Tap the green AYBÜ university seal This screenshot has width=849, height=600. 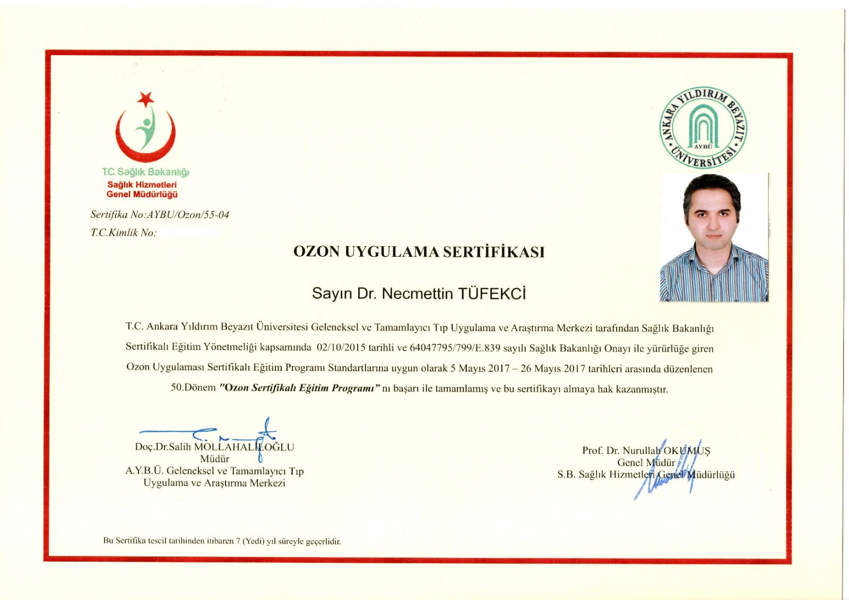[x=703, y=127]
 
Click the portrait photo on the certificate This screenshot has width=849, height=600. [x=714, y=237]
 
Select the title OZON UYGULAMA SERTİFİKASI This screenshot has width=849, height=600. [x=419, y=252]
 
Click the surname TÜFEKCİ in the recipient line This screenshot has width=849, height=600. [x=491, y=294]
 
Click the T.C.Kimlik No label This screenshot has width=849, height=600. [x=123, y=232]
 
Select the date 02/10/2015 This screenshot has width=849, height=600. [x=341, y=348]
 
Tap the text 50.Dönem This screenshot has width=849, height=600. [x=193, y=387]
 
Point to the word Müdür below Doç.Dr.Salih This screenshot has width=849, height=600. [x=214, y=459]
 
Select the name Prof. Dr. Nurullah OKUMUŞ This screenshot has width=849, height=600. [x=646, y=451]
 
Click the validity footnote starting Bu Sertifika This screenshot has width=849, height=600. [x=222, y=541]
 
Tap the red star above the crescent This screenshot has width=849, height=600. [x=145, y=99]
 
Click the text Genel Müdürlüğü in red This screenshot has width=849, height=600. [x=142, y=194]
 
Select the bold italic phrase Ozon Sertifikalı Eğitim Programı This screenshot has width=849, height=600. [x=300, y=388]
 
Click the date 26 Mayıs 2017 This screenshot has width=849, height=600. [x=552, y=368]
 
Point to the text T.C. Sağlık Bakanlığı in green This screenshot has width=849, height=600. [x=145, y=172]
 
